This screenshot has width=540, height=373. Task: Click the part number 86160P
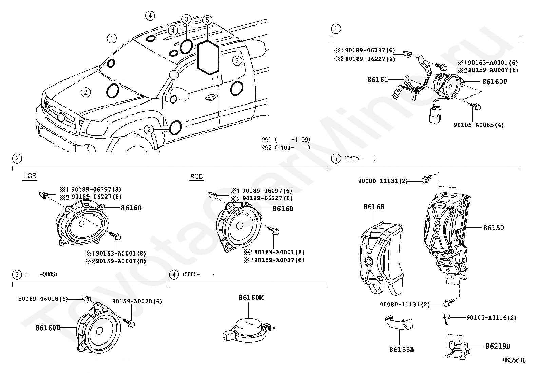495,82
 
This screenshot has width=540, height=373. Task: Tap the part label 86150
494,228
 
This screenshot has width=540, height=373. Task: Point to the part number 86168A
402,349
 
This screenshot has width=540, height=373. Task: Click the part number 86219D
498,346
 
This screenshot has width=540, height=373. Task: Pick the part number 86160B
48,328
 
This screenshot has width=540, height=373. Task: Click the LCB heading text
30,176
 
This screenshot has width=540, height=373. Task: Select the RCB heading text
196,176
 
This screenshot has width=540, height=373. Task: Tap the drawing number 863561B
515,360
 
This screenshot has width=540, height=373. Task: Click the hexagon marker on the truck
208,57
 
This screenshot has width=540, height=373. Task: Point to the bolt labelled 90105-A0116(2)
446,317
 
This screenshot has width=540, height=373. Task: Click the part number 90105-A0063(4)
479,125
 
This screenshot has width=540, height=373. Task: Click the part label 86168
374,207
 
